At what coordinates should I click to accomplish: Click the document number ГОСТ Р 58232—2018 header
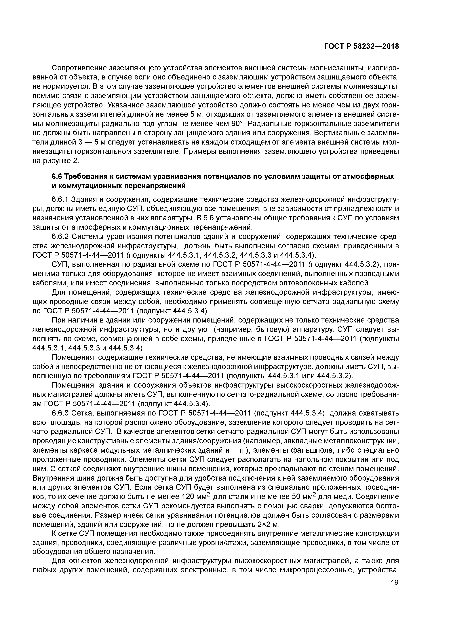point(361,46)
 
